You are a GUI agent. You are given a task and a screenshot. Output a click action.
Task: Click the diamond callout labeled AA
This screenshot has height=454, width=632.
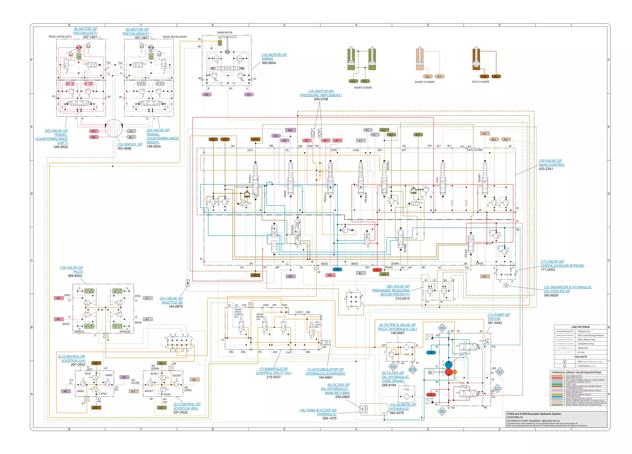(442, 328)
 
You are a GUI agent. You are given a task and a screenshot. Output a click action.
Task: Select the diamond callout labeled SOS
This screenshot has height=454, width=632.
(413, 369)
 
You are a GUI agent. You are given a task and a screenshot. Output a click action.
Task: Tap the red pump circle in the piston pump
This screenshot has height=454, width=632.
(449, 372)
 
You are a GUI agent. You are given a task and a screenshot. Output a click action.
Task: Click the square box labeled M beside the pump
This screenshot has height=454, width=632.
(430, 372)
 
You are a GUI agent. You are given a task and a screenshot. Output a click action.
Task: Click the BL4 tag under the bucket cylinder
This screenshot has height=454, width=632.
(427, 77)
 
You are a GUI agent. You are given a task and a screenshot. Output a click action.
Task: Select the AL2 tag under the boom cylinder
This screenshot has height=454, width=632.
(353, 81)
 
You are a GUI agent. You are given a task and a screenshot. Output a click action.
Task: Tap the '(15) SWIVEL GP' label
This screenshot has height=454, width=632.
(130, 144)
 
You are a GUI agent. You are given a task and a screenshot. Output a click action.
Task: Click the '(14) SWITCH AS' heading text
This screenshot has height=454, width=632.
(321, 91)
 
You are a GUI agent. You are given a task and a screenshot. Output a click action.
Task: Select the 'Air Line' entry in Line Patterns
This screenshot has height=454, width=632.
(581, 352)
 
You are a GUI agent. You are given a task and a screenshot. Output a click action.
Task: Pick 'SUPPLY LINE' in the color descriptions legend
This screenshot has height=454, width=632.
(571, 384)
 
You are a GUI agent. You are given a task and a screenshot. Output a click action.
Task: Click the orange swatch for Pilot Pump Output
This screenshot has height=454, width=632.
(558, 376)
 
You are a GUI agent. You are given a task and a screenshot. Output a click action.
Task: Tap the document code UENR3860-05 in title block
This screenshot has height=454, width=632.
(515, 417)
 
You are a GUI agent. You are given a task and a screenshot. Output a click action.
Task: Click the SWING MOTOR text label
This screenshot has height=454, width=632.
(225, 32)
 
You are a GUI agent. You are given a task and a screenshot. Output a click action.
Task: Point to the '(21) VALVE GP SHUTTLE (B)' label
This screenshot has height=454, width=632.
(171, 300)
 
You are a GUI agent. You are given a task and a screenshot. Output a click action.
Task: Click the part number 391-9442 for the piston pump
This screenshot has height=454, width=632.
(495, 323)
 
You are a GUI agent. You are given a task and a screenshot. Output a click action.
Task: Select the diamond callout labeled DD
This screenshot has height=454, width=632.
(500, 372)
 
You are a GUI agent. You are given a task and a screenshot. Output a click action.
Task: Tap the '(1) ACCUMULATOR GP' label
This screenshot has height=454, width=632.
(325, 369)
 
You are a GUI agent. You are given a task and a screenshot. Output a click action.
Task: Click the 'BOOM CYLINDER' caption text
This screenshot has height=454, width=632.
(363, 88)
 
